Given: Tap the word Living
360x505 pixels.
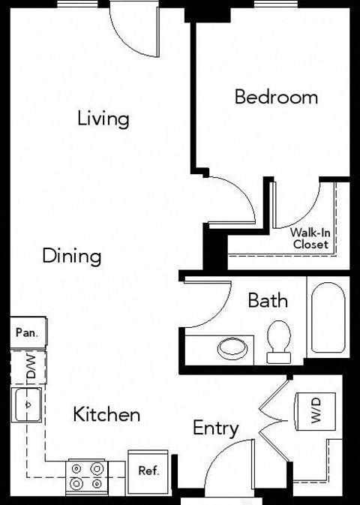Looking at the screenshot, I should tap(103, 119).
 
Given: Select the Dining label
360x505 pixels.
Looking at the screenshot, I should tap(71, 256).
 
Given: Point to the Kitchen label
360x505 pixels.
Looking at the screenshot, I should tap(106, 414).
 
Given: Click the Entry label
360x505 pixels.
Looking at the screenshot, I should tap(216, 428).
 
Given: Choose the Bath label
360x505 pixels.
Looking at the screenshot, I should tap(268, 301).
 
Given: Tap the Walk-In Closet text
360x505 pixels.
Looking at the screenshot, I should tap(310, 239).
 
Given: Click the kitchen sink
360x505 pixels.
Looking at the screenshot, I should tap(28, 405).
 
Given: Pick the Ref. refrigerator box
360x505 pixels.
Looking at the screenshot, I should tap(148, 470).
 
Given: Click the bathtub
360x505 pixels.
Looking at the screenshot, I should tap(328, 317).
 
